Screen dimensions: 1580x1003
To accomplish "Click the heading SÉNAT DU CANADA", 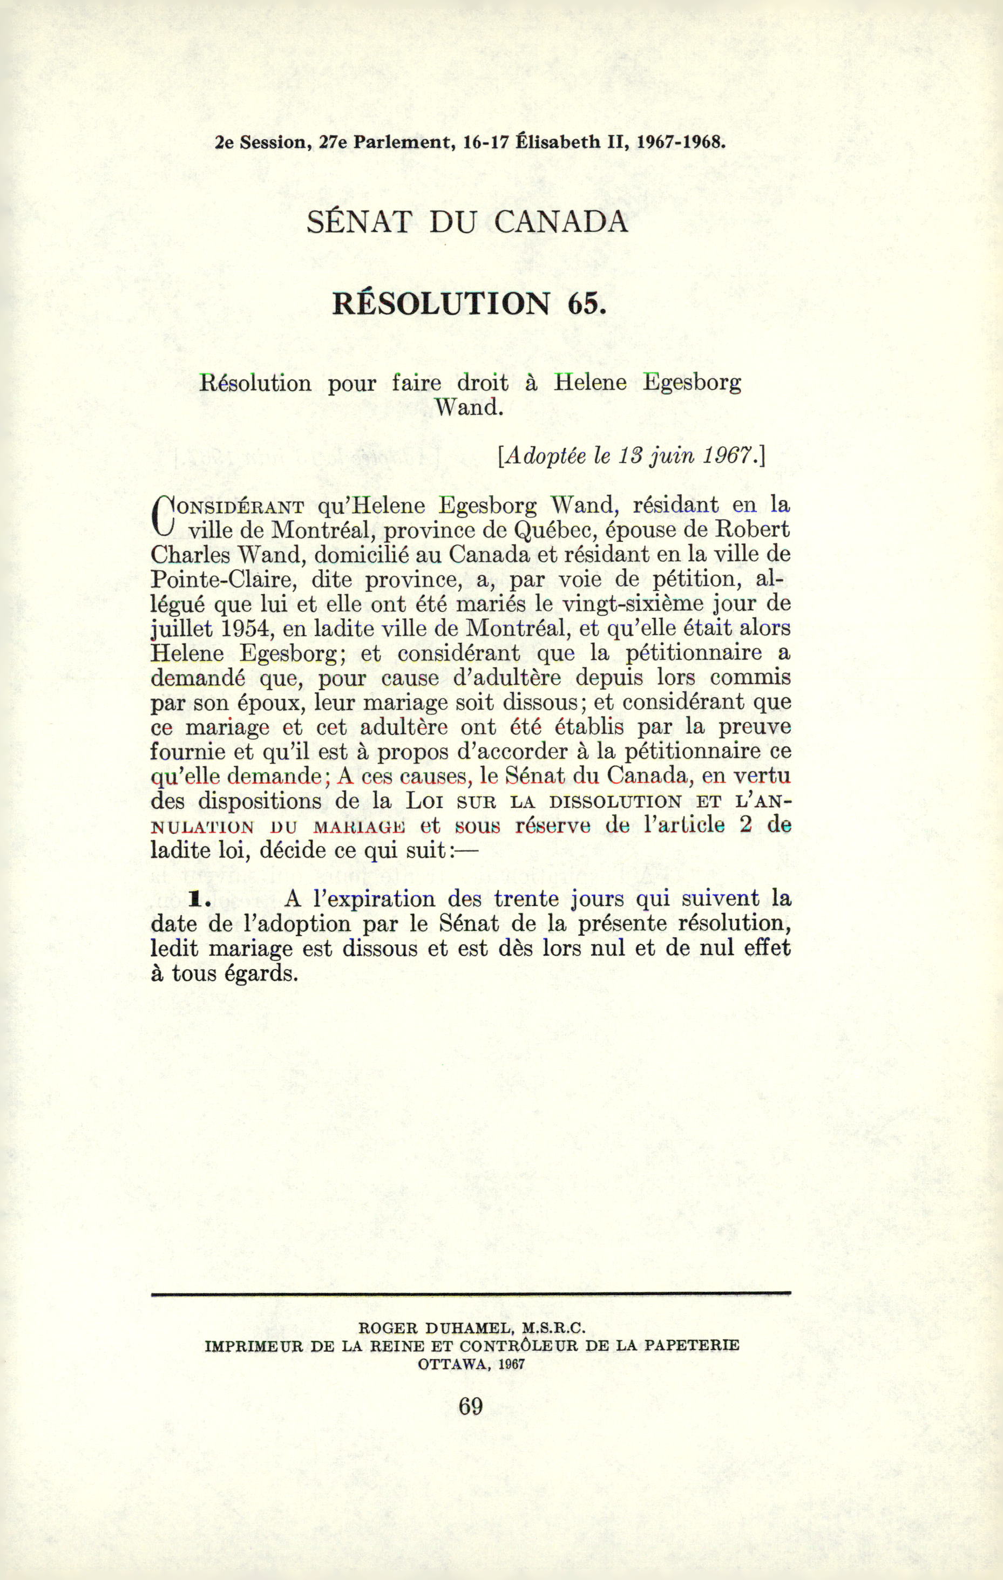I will pos(467,222).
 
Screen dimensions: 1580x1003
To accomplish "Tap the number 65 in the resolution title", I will pos(584,303).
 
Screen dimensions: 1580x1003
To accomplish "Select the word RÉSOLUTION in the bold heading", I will pos(441,303).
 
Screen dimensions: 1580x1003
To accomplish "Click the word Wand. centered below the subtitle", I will pos(469,407).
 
